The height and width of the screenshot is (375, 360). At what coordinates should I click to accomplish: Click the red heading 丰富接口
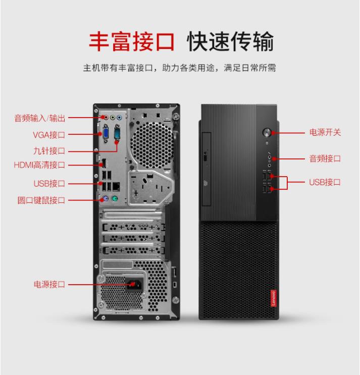(132, 41)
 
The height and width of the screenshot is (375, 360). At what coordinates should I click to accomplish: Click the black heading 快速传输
(230, 41)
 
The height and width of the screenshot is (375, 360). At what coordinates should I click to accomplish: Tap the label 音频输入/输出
(40, 118)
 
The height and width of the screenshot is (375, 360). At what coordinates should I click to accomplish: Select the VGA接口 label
(49, 135)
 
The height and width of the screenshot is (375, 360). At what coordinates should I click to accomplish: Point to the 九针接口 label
(49, 151)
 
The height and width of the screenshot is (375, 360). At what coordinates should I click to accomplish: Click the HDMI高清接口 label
(39, 165)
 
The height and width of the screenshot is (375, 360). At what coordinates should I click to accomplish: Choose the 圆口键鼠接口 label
(41, 200)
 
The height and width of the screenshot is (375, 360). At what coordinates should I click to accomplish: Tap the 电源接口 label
(49, 284)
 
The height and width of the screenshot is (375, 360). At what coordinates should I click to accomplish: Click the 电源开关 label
(325, 132)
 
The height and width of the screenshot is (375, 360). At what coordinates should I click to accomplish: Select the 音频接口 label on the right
(325, 158)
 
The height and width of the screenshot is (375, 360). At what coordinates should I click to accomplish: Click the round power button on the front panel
(267, 133)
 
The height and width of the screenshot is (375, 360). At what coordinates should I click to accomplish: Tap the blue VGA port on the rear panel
(106, 134)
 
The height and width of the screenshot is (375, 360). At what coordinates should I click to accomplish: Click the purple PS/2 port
(105, 198)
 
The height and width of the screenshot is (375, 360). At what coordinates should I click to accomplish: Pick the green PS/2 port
(115, 198)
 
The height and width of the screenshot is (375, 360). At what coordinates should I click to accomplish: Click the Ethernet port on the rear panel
(116, 186)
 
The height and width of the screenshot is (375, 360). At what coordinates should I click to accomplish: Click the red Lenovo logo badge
(274, 298)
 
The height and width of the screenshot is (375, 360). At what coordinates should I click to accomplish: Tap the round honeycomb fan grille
(152, 145)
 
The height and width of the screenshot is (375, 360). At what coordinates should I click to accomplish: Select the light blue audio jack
(119, 118)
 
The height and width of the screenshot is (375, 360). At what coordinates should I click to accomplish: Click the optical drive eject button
(205, 157)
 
